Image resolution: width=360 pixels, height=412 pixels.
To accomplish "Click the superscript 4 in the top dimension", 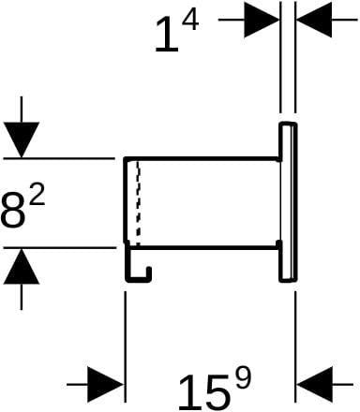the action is [x=190, y=20].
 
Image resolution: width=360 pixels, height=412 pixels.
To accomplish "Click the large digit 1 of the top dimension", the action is [x=167, y=35].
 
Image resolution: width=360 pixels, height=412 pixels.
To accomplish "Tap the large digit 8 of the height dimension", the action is [x=13, y=211].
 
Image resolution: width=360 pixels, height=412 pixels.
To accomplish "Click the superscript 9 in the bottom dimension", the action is [x=243, y=377].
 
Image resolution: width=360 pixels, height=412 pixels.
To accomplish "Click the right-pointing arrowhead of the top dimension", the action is [x=262, y=20].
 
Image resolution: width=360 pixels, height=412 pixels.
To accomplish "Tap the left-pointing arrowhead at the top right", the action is [x=314, y=20].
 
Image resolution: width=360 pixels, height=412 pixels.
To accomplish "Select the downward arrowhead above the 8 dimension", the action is [x=22, y=140].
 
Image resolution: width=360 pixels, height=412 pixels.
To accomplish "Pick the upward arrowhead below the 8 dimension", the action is [x=22, y=266].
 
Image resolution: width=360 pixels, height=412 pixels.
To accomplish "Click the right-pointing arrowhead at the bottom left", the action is [x=105, y=385].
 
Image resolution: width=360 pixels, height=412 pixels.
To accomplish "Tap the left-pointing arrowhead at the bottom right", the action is [x=314, y=385].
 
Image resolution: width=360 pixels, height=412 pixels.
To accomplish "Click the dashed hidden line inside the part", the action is [x=139, y=203].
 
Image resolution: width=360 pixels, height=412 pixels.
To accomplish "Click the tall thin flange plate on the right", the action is [x=288, y=202].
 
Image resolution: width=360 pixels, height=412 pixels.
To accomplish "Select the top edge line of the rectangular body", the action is [x=202, y=159].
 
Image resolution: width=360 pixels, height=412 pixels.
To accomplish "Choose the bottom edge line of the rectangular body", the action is [x=203, y=248].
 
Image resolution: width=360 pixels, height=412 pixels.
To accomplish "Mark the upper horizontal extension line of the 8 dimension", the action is [x=59, y=159].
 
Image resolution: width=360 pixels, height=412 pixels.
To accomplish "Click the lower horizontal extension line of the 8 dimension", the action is [x=59, y=248].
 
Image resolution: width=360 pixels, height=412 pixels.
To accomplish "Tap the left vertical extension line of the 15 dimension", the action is [x=126, y=347].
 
